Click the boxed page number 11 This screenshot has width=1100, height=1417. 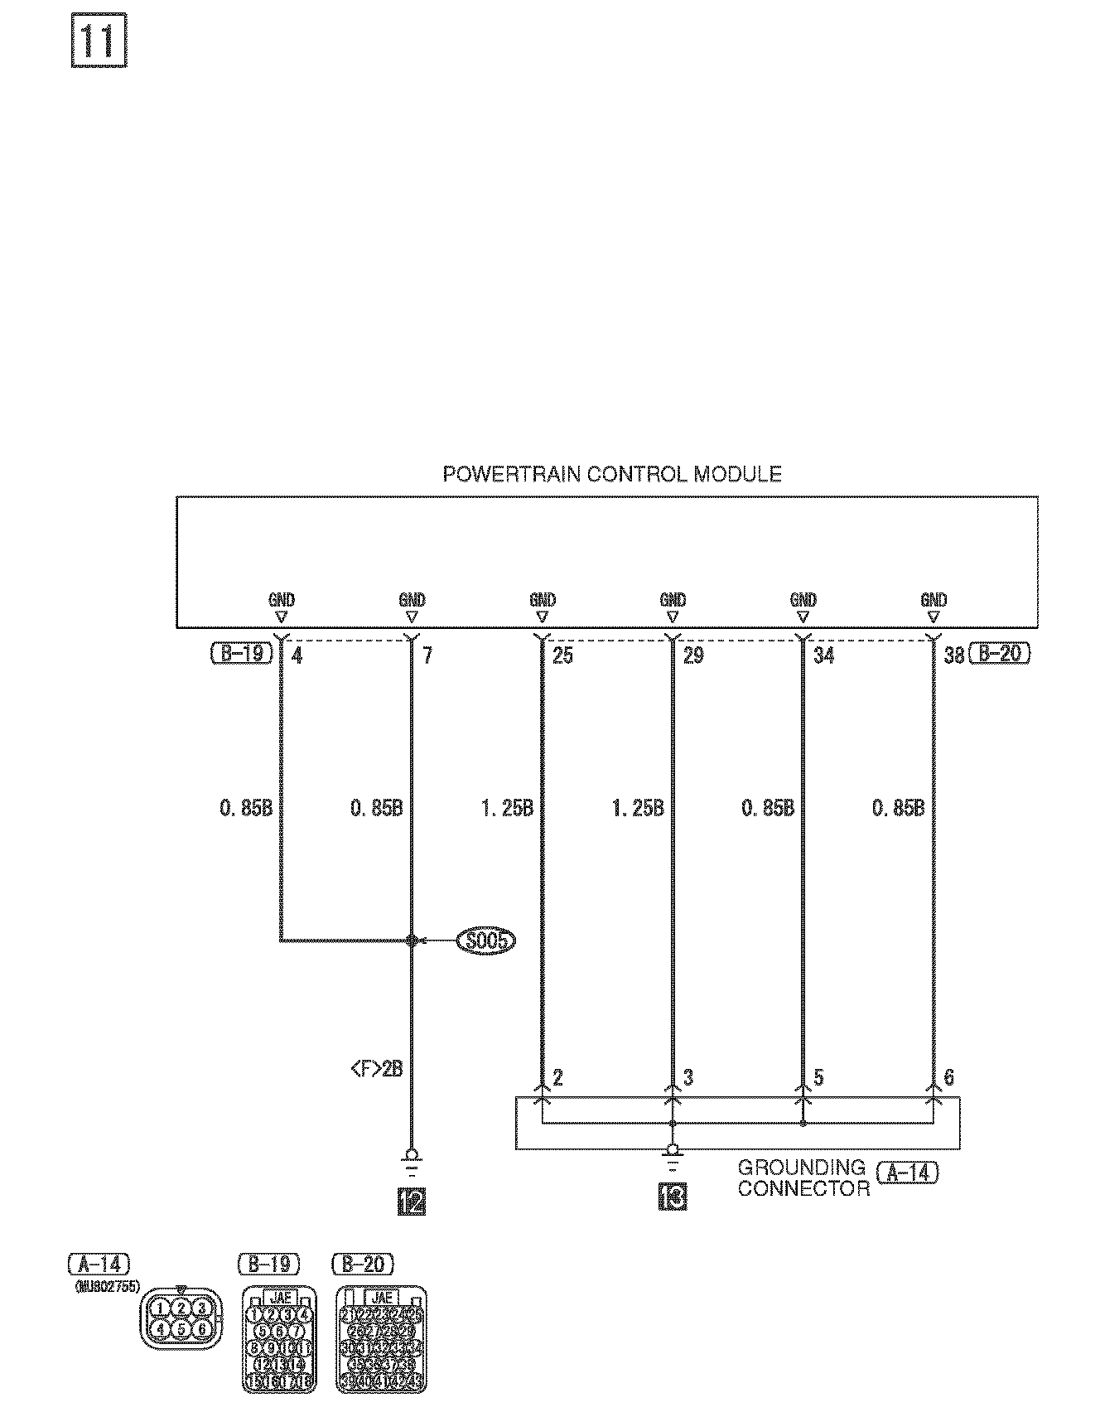point(99,41)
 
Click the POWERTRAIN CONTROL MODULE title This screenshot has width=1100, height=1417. point(611,474)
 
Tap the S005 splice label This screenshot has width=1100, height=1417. point(486,941)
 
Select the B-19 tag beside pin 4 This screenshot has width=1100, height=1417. point(242,654)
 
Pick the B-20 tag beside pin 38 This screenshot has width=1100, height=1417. point(1000,654)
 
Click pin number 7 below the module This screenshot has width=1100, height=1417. point(427,656)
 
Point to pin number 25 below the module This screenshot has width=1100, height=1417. point(562,656)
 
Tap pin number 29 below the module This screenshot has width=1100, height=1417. point(693,656)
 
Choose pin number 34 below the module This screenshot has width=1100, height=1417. point(823,656)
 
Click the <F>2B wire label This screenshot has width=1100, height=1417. point(377,1069)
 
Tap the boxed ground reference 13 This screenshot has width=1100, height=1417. point(673,1197)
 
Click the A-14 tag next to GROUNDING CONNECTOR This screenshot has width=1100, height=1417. point(907,1173)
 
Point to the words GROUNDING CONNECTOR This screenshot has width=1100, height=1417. point(802,1178)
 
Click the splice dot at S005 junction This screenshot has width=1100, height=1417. point(412,941)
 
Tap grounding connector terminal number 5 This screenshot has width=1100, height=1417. point(818,1077)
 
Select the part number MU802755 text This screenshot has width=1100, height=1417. point(107,1286)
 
